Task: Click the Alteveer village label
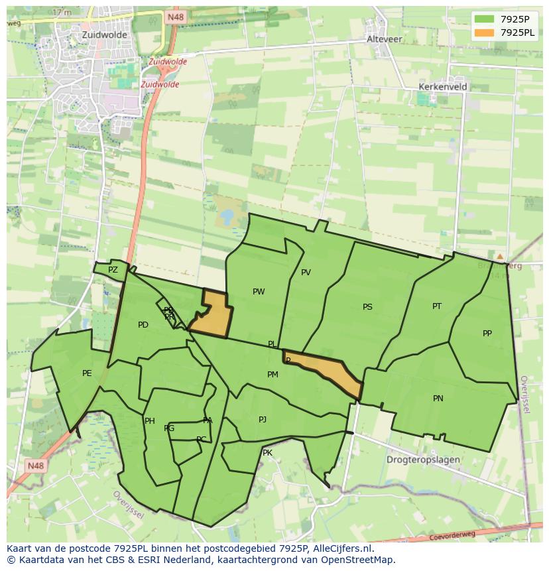click(x=385, y=39)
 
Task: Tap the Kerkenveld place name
click(x=443, y=87)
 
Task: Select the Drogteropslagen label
click(x=423, y=460)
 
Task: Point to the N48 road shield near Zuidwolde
click(x=176, y=18)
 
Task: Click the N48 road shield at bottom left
click(x=35, y=466)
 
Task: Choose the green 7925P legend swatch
click(x=484, y=19)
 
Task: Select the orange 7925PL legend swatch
click(x=484, y=32)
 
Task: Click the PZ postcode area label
click(x=113, y=270)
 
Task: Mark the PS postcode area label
click(x=367, y=307)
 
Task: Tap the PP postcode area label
click(x=487, y=334)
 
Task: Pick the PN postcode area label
click(x=438, y=399)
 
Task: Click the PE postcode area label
click(x=87, y=373)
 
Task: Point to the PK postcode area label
click(x=267, y=453)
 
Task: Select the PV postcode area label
click(x=306, y=273)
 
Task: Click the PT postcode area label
click(x=437, y=306)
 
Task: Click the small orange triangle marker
click(x=500, y=256)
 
